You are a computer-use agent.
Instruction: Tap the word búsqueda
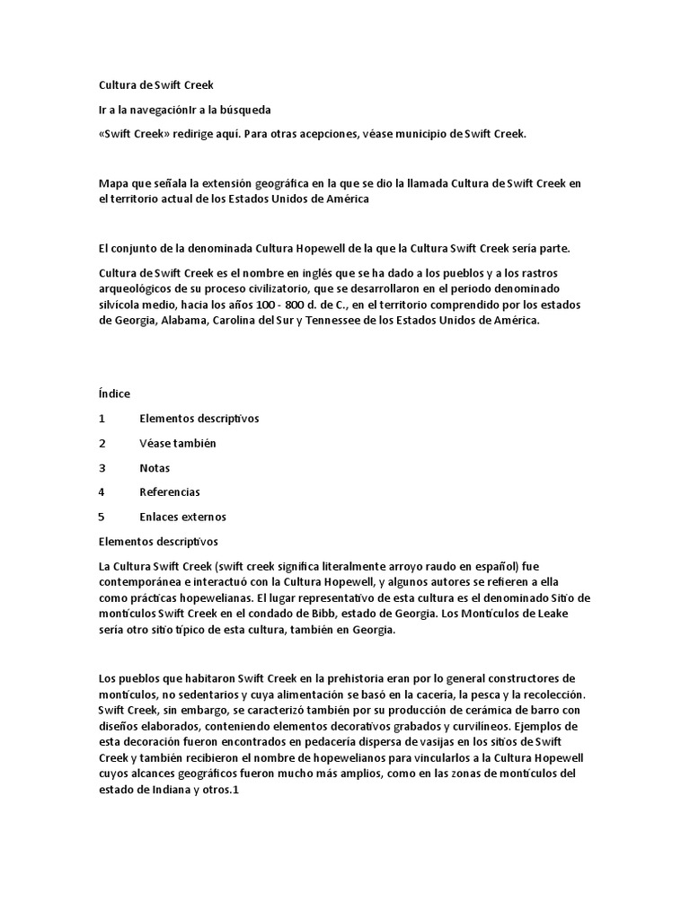(x=242, y=110)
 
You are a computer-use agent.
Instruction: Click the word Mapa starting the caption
(x=114, y=182)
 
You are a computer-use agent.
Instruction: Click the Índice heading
(x=114, y=394)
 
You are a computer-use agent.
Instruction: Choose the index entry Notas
(x=155, y=468)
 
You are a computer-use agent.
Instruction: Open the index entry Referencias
(x=170, y=492)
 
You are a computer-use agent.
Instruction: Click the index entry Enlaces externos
(x=182, y=517)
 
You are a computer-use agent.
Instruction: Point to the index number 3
(x=102, y=468)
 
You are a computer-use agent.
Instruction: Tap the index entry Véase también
(x=178, y=444)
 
